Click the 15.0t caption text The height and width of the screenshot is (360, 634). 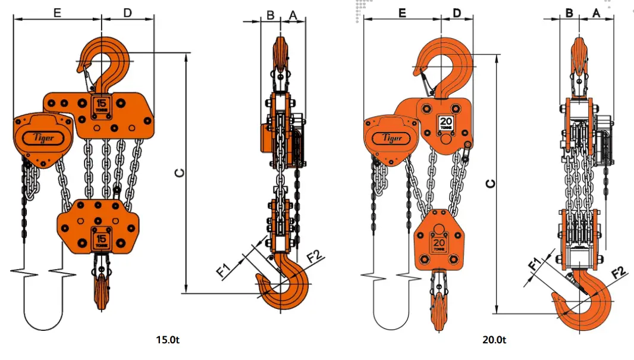(168, 340)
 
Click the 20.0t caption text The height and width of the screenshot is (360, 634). (494, 340)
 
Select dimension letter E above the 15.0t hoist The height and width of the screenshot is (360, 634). (57, 12)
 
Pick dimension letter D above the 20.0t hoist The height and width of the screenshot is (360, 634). (457, 12)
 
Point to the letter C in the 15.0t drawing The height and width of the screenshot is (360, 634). (180, 173)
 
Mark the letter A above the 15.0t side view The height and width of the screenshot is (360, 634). (292, 14)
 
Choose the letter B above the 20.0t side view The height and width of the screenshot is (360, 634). (569, 12)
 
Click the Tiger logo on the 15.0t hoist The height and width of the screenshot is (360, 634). (39, 139)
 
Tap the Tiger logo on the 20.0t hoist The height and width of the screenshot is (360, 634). (391, 139)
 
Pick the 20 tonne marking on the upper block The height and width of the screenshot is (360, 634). (446, 124)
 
